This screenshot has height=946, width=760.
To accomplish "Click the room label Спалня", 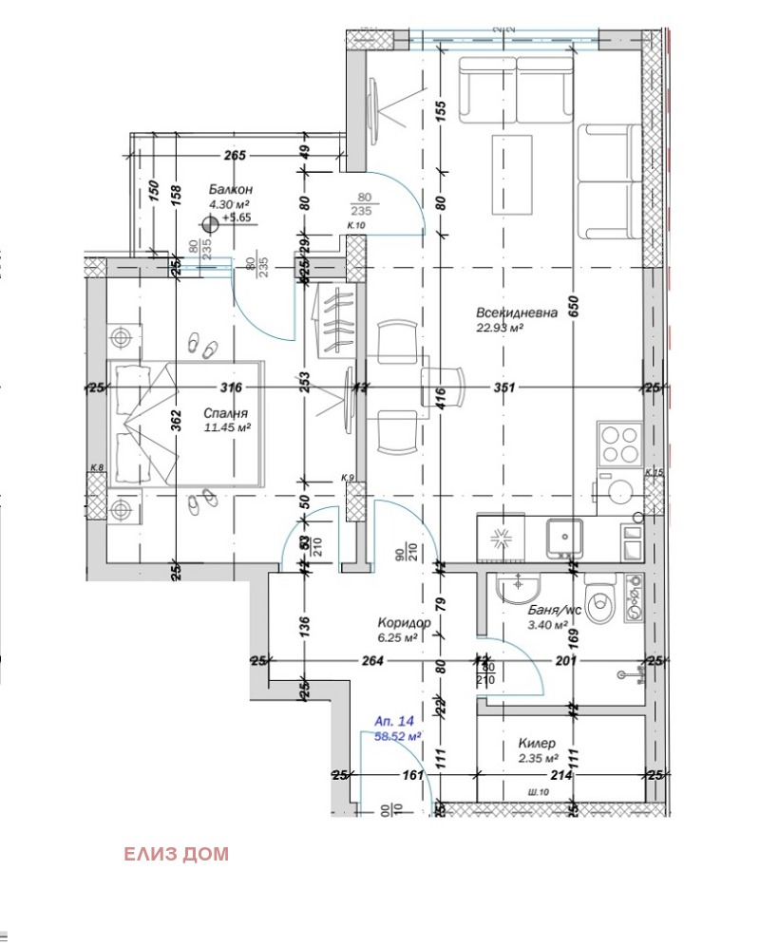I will (225, 413).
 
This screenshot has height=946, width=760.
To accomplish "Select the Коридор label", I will (405, 623).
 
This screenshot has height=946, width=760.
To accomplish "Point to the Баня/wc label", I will (554, 612).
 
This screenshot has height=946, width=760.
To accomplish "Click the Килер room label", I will (537, 744).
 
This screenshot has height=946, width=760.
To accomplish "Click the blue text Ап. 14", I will (395, 721).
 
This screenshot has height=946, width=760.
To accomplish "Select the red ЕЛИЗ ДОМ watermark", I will (176, 854).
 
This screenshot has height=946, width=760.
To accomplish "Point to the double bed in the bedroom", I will (185, 423).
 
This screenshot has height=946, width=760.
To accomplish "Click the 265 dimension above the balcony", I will (235, 156).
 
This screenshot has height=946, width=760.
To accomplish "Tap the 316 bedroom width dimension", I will (232, 388).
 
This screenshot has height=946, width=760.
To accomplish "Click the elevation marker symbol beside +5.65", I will (210, 225).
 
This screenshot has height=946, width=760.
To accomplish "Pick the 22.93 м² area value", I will (501, 329).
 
